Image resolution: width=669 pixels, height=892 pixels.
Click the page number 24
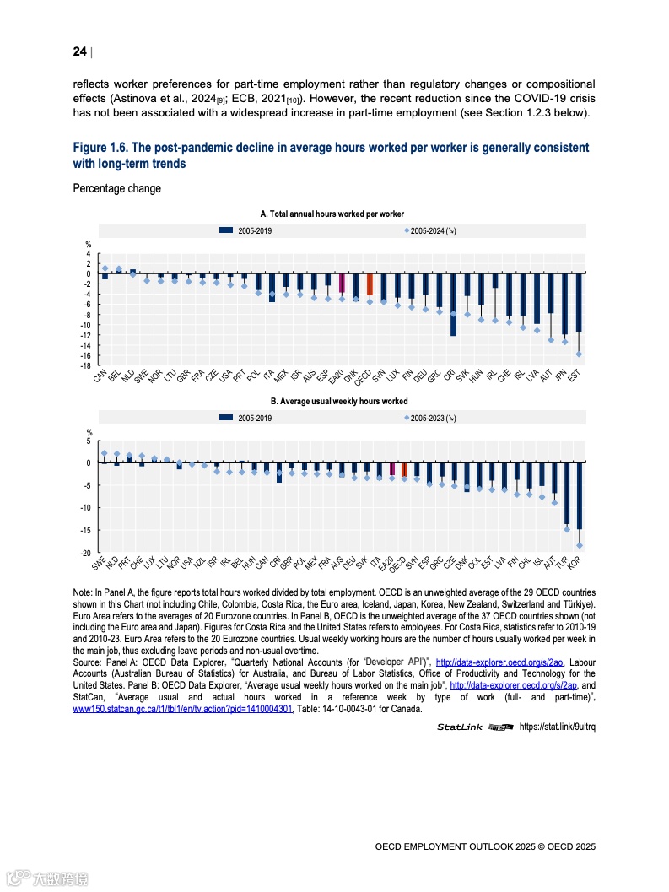(x=79, y=52)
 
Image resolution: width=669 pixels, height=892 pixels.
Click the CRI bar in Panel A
(x=453, y=305)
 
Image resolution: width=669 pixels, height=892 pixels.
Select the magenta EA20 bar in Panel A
(x=342, y=283)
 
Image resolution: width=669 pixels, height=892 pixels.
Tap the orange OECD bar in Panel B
(x=404, y=470)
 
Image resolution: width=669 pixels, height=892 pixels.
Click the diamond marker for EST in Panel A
(x=579, y=354)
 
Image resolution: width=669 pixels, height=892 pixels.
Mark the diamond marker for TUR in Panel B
(x=567, y=529)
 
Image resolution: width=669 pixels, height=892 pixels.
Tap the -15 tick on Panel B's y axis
(x=86, y=530)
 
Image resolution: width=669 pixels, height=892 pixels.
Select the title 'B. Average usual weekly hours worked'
(x=338, y=402)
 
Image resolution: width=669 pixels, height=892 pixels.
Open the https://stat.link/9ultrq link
(x=557, y=727)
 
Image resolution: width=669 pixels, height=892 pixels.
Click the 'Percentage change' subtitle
(x=116, y=188)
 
